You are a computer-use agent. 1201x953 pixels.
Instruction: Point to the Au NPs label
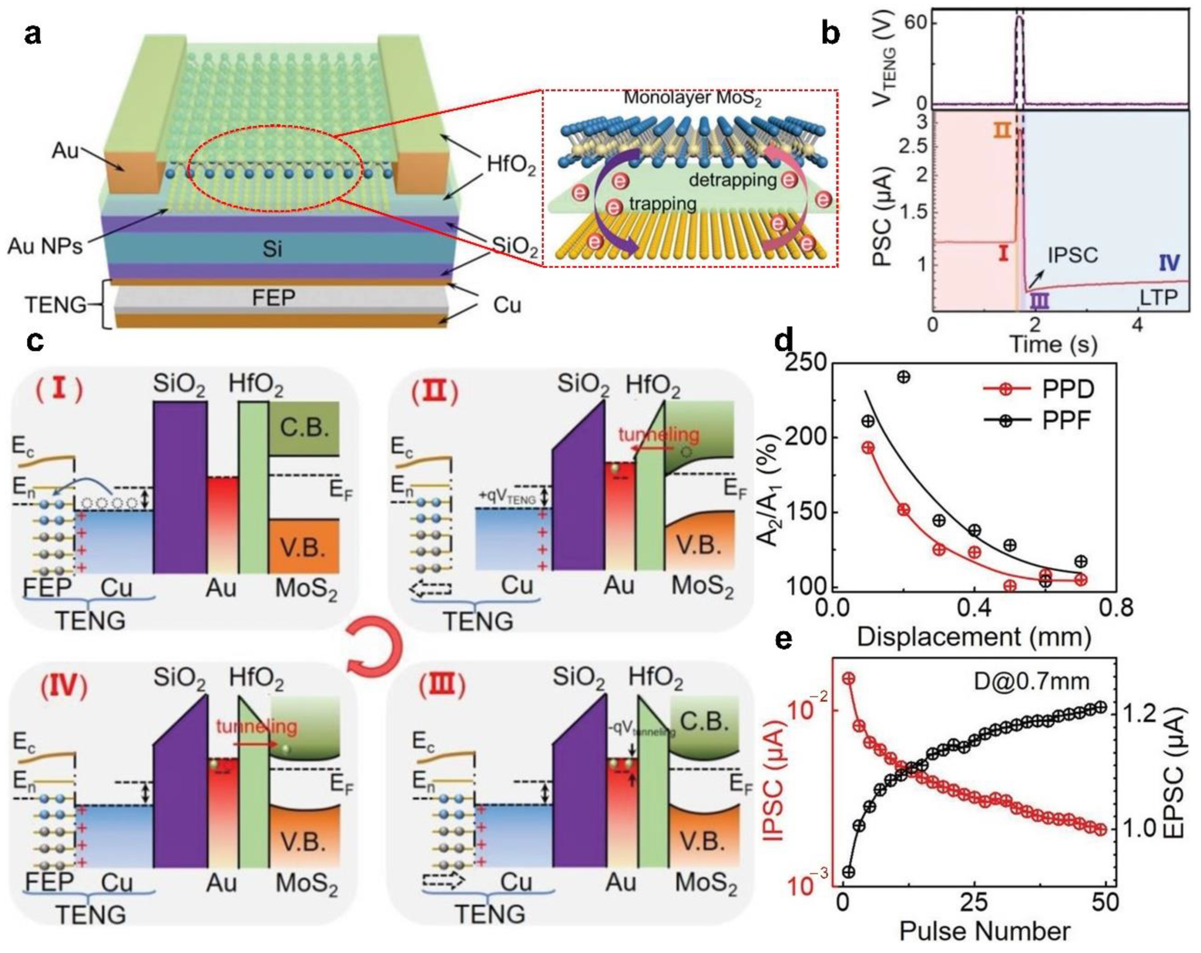point(45,246)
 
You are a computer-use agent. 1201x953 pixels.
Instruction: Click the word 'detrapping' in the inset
point(732,180)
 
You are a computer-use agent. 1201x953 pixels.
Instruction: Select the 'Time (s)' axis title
point(1053,344)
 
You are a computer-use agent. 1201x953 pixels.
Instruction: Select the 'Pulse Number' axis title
point(984,931)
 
